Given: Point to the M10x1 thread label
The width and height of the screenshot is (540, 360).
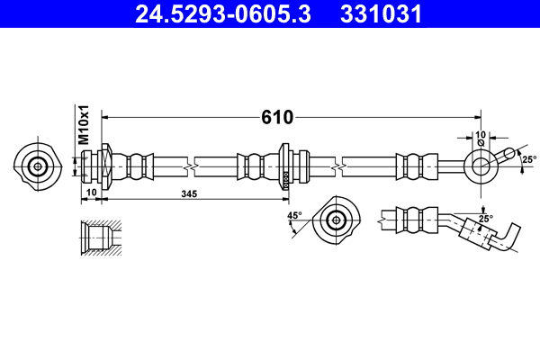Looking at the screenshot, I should (x=84, y=125).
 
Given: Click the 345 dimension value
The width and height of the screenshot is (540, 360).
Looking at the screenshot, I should (x=189, y=194).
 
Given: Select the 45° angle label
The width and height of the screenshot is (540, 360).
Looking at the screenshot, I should (x=293, y=216).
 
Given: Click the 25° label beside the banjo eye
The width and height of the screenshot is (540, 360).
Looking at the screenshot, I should (x=528, y=159).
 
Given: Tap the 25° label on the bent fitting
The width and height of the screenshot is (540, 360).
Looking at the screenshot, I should (x=485, y=219).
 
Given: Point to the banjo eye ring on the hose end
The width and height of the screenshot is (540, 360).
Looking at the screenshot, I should (x=477, y=166).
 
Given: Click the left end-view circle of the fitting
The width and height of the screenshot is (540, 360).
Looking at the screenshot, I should (x=38, y=166).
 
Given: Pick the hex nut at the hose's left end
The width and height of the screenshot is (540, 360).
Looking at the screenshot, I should (x=105, y=166).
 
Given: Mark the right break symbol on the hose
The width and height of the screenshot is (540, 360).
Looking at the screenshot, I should (x=336, y=166).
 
